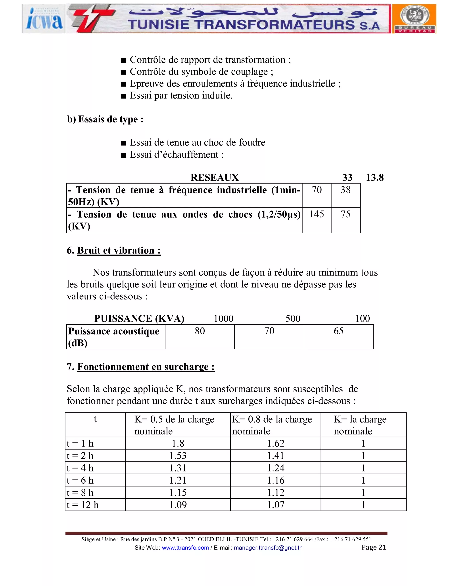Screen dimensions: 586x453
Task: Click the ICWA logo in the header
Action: [x=44, y=19]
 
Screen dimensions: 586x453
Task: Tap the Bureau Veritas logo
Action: [x=414, y=19]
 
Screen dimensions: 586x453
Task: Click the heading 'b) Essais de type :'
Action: [x=105, y=119]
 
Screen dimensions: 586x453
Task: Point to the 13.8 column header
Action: [x=375, y=178]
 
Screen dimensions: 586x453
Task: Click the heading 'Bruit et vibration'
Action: [x=119, y=250]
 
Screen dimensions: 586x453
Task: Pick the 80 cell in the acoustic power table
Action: [x=200, y=331]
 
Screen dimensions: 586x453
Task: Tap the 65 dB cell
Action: [x=338, y=331]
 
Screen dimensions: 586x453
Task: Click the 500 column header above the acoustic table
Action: [x=293, y=318]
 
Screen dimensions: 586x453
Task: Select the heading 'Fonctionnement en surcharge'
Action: [x=146, y=367]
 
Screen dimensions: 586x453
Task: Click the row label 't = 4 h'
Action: [x=80, y=468]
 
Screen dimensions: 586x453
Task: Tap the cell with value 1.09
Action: [x=178, y=505]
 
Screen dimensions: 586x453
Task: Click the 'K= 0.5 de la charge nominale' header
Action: [x=175, y=425]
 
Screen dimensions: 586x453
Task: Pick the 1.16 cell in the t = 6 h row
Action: [x=275, y=480]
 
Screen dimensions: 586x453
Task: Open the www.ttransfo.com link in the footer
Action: [x=185, y=548]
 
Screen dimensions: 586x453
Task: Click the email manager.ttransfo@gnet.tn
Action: [x=268, y=548]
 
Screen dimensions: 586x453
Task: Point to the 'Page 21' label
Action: [x=374, y=547]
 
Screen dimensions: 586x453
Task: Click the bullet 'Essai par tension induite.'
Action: [x=181, y=96]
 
